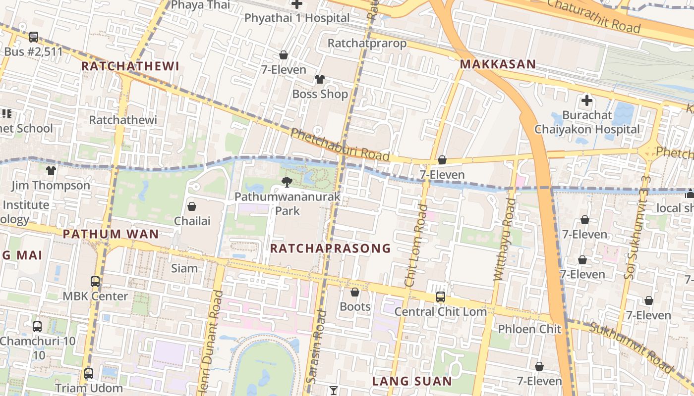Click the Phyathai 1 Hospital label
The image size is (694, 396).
(297, 18)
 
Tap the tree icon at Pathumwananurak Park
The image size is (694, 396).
(287, 182)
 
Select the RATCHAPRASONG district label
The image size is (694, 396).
(330, 248)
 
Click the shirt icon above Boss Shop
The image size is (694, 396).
(320, 79)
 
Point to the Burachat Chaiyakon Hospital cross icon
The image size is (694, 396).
(587, 101)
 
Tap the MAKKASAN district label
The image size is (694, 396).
(498, 64)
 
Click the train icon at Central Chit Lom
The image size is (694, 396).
(440, 297)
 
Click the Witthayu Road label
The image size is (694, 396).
(505, 239)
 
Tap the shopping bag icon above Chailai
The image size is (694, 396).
(191, 206)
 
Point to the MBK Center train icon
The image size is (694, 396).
(95, 282)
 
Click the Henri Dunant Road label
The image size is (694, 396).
(210, 342)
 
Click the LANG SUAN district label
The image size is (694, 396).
(412, 381)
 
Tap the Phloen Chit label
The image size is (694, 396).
(529, 329)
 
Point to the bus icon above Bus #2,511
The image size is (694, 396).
(34, 37)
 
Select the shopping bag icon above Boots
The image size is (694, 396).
(355, 293)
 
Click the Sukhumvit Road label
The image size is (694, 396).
(632, 346)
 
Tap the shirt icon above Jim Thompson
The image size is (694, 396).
(51, 171)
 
